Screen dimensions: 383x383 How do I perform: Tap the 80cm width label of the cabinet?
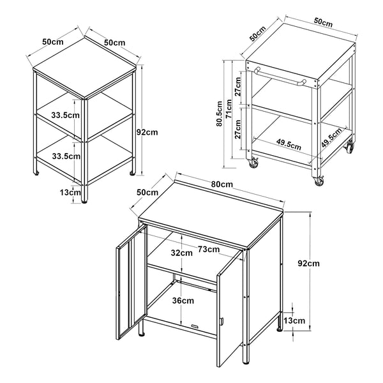point(222,184)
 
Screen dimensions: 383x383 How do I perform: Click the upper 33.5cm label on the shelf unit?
point(66,115)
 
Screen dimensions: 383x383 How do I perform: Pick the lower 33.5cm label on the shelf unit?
point(66,154)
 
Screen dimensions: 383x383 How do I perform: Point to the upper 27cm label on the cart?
point(238,86)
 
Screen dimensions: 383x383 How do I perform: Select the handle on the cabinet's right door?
point(222,322)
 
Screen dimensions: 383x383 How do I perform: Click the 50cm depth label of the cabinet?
point(147,192)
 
